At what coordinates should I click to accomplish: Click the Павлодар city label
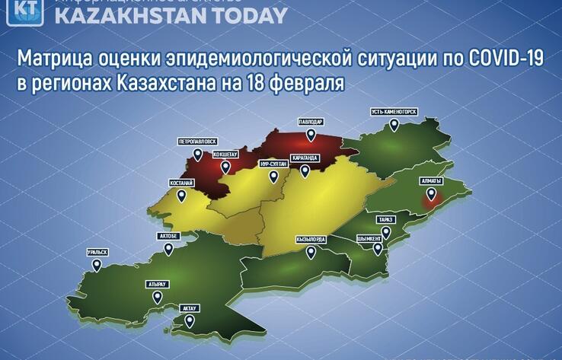(x=311, y=122)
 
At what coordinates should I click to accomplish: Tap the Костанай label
(x=181, y=183)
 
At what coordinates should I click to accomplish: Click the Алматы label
(x=431, y=180)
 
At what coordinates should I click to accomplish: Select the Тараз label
(x=386, y=220)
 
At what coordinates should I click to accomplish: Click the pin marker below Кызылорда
(x=311, y=254)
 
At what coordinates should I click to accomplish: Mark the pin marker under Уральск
(x=97, y=265)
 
